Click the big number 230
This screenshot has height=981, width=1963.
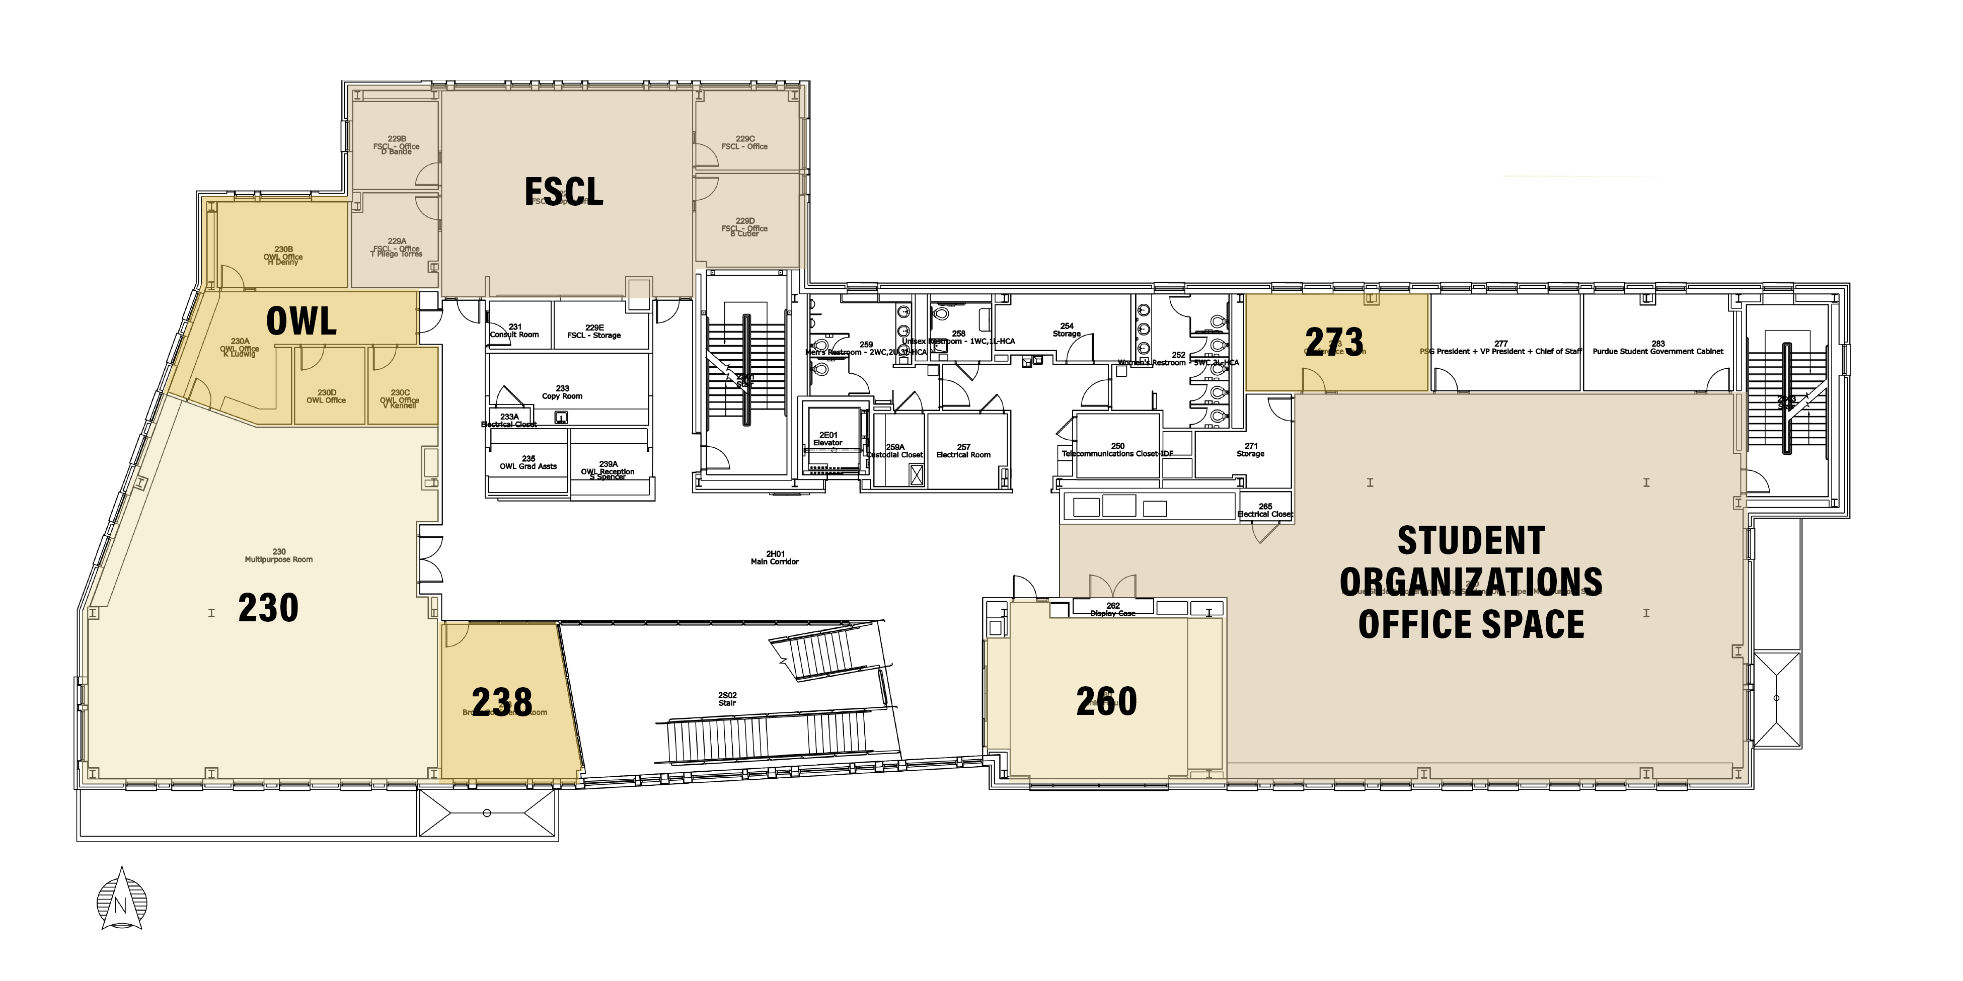(268, 608)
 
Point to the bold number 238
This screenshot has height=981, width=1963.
(502, 701)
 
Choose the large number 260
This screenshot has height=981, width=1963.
(1106, 701)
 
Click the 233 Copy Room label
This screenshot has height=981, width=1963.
(562, 392)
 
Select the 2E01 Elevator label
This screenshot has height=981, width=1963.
(828, 439)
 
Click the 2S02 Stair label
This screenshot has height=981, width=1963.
(728, 699)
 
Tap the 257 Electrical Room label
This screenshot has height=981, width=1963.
(963, 451)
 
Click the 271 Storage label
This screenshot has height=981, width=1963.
(1250, 449)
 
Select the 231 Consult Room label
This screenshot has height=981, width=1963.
(514, 331)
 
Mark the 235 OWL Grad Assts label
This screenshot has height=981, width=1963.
(528, 462)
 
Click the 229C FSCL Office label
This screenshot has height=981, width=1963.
(744, 142)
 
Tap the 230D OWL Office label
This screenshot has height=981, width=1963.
(326, 396)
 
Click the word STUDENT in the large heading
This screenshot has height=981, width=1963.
(1471, 541)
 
